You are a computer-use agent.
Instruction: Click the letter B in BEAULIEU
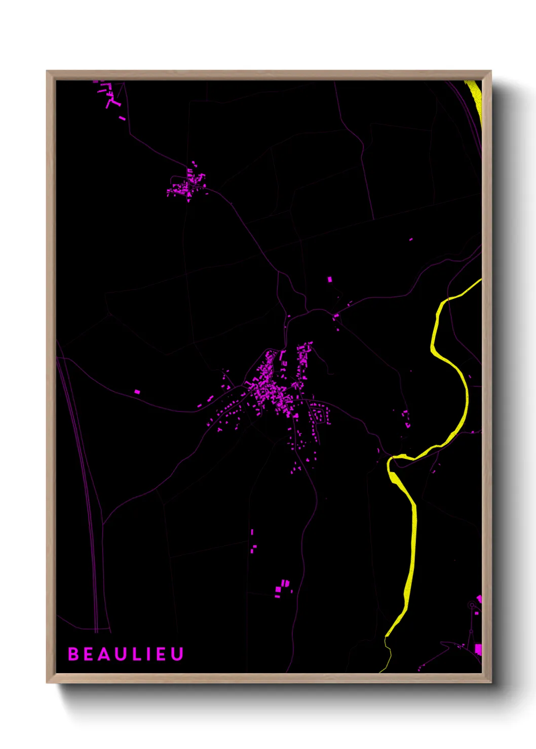tap(73, 654)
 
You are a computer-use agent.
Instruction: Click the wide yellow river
tap(411, 547)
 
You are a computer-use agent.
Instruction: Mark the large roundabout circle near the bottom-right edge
tap(473, 605)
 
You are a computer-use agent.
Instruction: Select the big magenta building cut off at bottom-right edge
tap(478, 649)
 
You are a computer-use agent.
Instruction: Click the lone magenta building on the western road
tap(137, 392)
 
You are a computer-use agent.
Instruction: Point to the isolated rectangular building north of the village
tap(330, 279)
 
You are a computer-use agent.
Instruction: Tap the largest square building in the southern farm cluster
tap(278, 590)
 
